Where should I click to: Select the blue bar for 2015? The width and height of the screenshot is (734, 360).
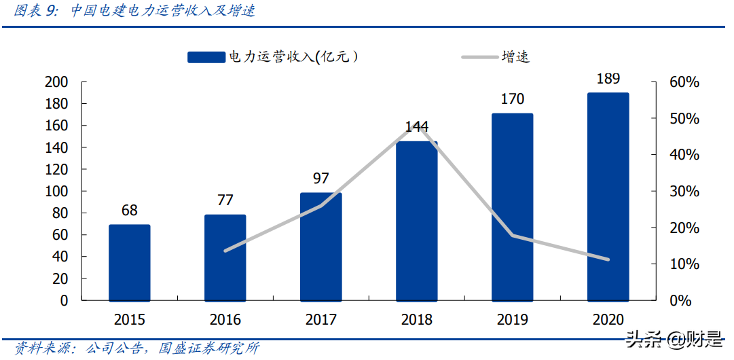click(129, 262)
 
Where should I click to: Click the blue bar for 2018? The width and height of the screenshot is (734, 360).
click(416, 221)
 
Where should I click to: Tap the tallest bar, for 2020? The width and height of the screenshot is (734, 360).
click(608, 196)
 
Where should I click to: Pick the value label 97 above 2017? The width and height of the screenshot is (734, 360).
click(321, 179)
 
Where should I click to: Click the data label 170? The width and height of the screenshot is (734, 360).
click(512, 99)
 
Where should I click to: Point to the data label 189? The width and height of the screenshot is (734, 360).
click(608, 79)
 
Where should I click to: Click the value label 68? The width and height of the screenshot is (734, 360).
click(129, 211)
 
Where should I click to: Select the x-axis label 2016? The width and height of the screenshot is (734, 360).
click(225, 319)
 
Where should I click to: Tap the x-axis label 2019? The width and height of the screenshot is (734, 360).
click(512, 319)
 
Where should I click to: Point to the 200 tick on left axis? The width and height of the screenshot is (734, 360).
click(56, 82)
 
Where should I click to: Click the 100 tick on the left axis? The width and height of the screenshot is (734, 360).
click(56, 192)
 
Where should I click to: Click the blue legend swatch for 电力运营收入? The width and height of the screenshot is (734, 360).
click(206, 58)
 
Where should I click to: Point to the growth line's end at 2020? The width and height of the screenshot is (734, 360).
click(608, 259)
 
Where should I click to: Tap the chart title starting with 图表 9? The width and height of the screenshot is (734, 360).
click(135, 12)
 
